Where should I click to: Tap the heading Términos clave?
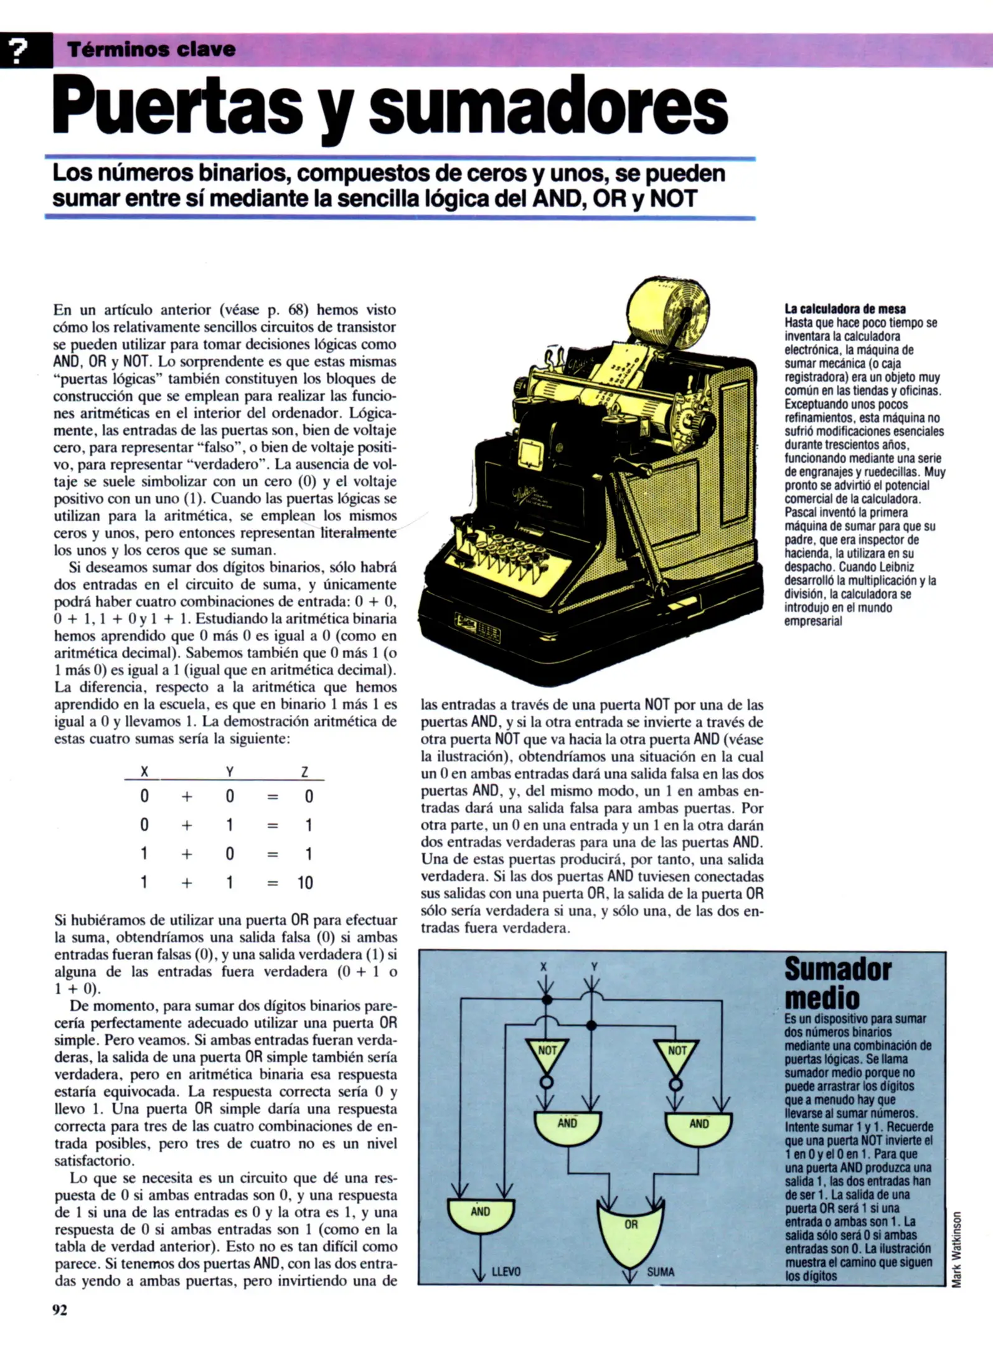click(x=151, y=50)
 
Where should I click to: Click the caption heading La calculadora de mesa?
click(x=845, y=309)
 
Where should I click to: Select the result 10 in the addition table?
click(x=304, y=883)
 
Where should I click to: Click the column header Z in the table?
click(x=304, y=772)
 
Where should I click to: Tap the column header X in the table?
click(x=144, y=772)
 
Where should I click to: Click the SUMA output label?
click(x=660, y=1272)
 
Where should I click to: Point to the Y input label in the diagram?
click(x=594, y=967)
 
